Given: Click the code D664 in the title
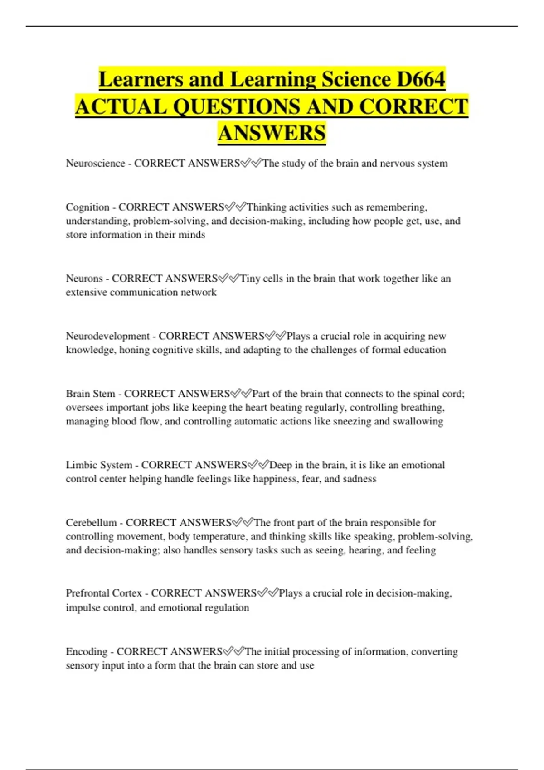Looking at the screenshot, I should point(421,79).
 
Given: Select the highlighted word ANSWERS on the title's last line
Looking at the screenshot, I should point(272,133).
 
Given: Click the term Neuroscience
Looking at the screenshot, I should point(95,164).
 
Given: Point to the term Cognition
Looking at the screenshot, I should point(87,207).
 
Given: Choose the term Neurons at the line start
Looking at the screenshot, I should point(84,279).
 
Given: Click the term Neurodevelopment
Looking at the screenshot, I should point(107,336).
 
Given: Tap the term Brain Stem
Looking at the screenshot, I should point(90,394).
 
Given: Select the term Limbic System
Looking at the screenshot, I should point(99,465).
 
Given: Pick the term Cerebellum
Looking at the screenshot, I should point(91,523).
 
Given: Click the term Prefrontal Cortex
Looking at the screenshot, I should point(104,593).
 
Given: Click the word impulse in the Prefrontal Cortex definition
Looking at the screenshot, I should point(83,608).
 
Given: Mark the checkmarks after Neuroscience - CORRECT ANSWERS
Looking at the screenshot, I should point(251,163).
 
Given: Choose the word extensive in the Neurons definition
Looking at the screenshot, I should point(86,293).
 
